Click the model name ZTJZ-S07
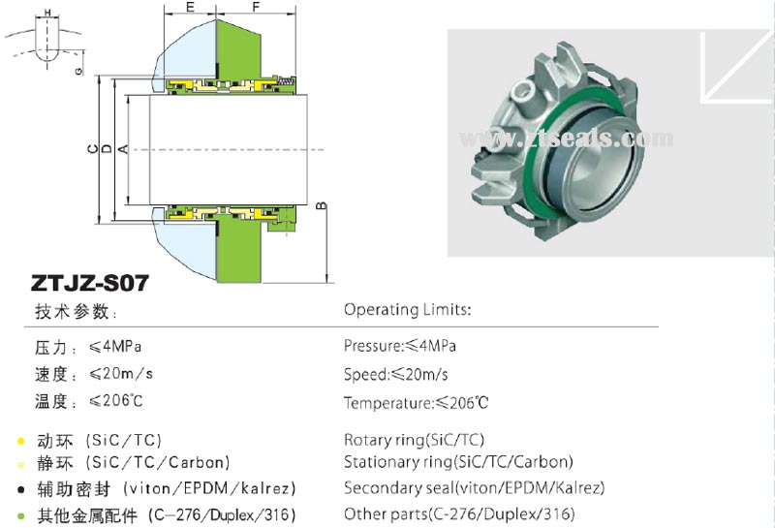pyautogui.click(x=89, y=283)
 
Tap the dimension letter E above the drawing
pyautogui.click(x=190, y=7)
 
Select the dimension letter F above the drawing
pyautogui.click(x=256, y=7)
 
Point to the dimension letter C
pyautogui.click(x=92, y=148)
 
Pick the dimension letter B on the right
pyautogui.click(x=321, y=205)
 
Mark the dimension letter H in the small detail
pyautogui.click(x=47, y=13)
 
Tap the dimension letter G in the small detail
pyautogui.click(x=79, y=71)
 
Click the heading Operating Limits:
pyautogui.click(x=407, y=310)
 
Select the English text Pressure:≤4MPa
pyautogui.click(x=399, y=346)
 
